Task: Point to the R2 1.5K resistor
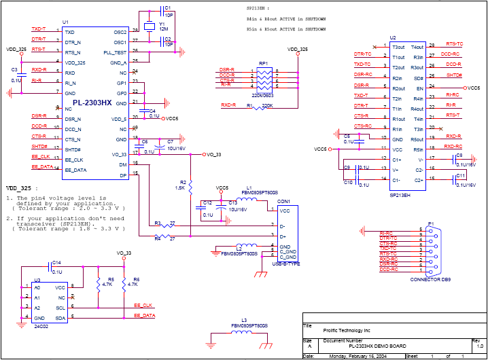tap(191, 185)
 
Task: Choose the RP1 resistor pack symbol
tap(263, 79)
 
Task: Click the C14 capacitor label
tap(56, 262)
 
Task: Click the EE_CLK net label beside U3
tap(143, 305)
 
